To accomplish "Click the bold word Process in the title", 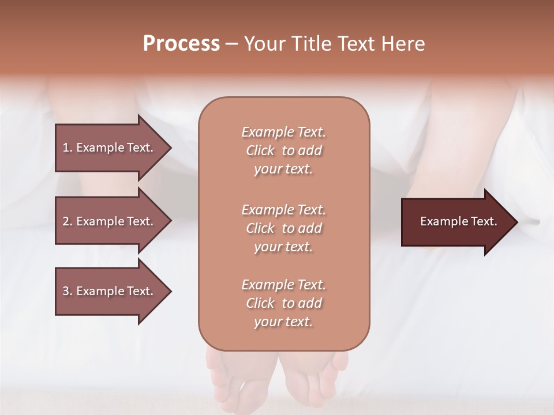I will click(x=181, y=44).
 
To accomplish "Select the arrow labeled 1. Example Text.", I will click(x=110, y=148).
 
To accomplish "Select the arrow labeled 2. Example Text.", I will click(x=110, y=221).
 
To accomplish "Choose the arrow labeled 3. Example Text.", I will click(x=110, y=291).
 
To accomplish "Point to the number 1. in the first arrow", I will click(x=68, y=148).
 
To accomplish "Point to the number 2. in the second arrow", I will click(x=68, y=221).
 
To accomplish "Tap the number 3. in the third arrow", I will click(x=68, y=291).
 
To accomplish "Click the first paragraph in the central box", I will click(x=283, y=150).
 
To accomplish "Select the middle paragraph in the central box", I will click(x=283, y=228).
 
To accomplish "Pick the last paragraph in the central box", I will click(x=283, y=303).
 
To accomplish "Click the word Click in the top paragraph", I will click(x=260, y=150).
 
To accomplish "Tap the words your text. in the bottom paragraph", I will click(x=283, y=322).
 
